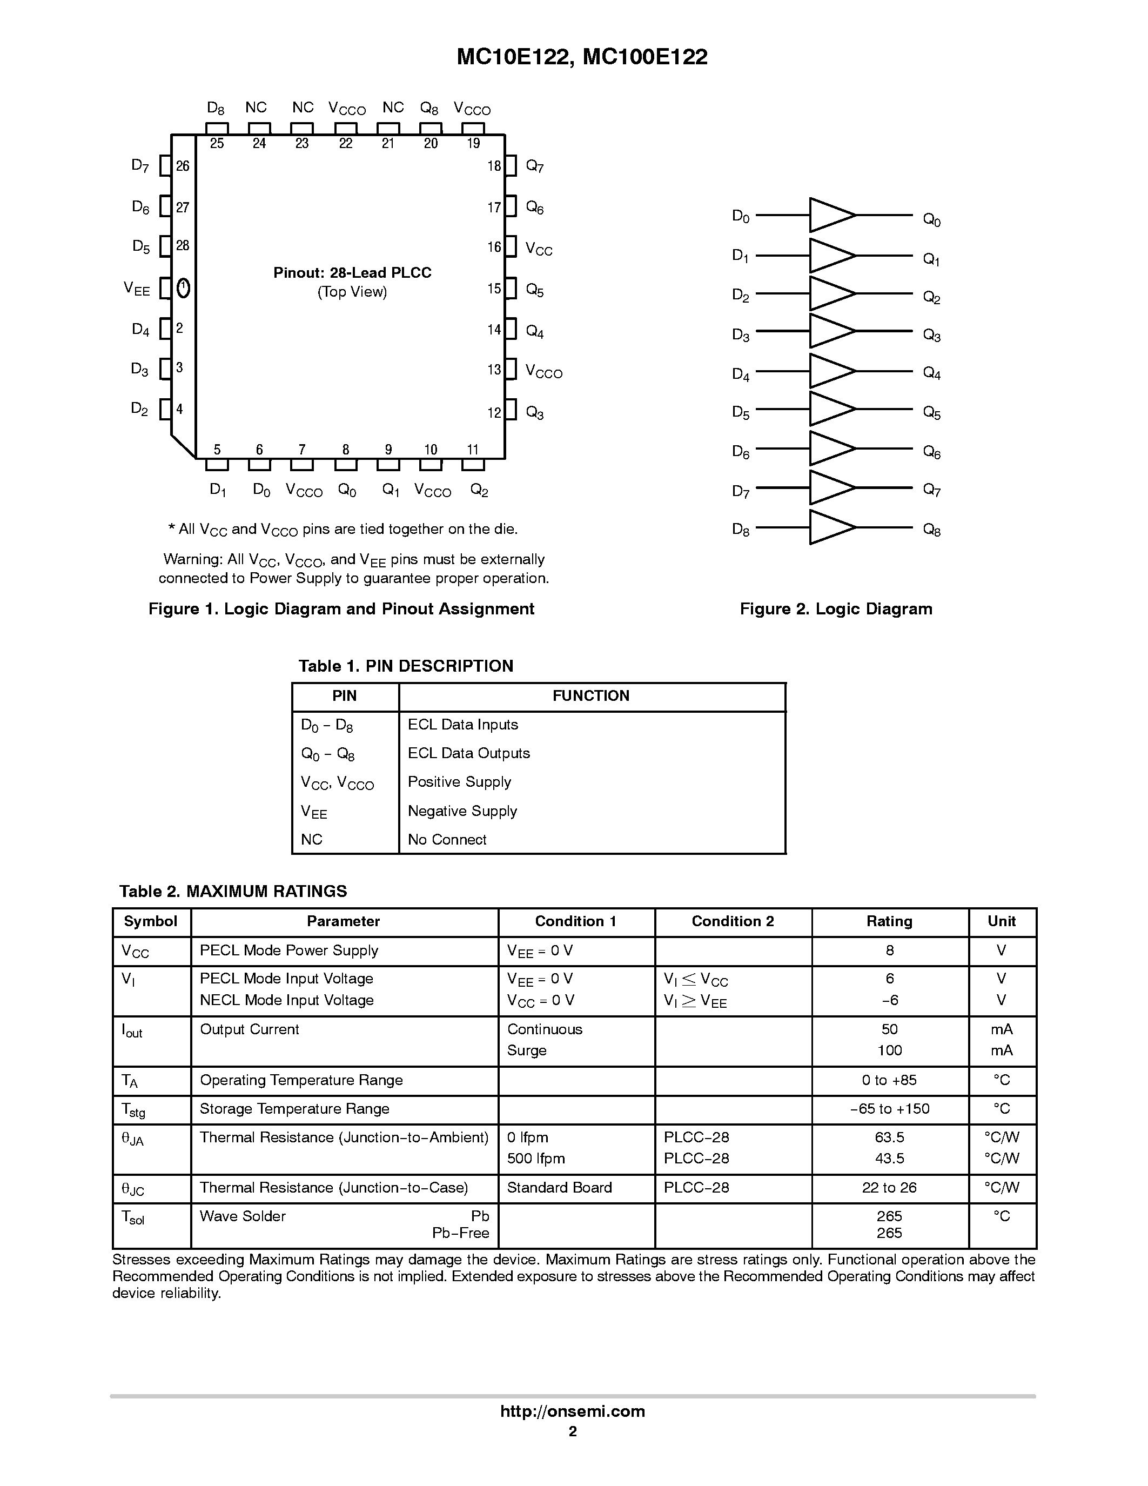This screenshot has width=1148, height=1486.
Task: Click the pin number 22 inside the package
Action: [x=346, y=144]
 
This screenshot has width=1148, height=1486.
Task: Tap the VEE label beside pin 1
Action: [x=137, y=289]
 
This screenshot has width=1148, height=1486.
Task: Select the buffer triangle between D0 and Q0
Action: [x=829, y=215]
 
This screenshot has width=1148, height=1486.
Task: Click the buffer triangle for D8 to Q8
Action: [x=829, y=527]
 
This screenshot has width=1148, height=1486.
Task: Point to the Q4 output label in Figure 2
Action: [x=931, y=373]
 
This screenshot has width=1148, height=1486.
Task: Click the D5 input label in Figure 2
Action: [x=740, y=412]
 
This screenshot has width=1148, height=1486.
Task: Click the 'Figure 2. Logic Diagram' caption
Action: [x=836, y=609]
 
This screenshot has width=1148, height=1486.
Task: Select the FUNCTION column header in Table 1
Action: [x=590, y=695]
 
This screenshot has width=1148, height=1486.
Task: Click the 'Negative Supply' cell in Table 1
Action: [x=462, y=811]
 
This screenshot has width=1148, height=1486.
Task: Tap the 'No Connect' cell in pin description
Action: [x=447, y=839]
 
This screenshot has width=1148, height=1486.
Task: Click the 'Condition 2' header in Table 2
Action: [x=733, y=921]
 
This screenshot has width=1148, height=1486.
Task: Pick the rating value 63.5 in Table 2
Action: [x=889, y=1137]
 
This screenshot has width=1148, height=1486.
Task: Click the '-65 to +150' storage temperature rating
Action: [x=889, y=1108]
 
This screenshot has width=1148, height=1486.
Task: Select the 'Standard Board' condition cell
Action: [x=559, y=1187]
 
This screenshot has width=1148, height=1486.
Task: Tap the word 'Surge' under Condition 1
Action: [x=526, y=1050]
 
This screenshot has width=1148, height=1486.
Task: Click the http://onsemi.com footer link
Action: [x=573, y=1411]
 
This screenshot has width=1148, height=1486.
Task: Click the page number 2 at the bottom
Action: [x=573, y=1431]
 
